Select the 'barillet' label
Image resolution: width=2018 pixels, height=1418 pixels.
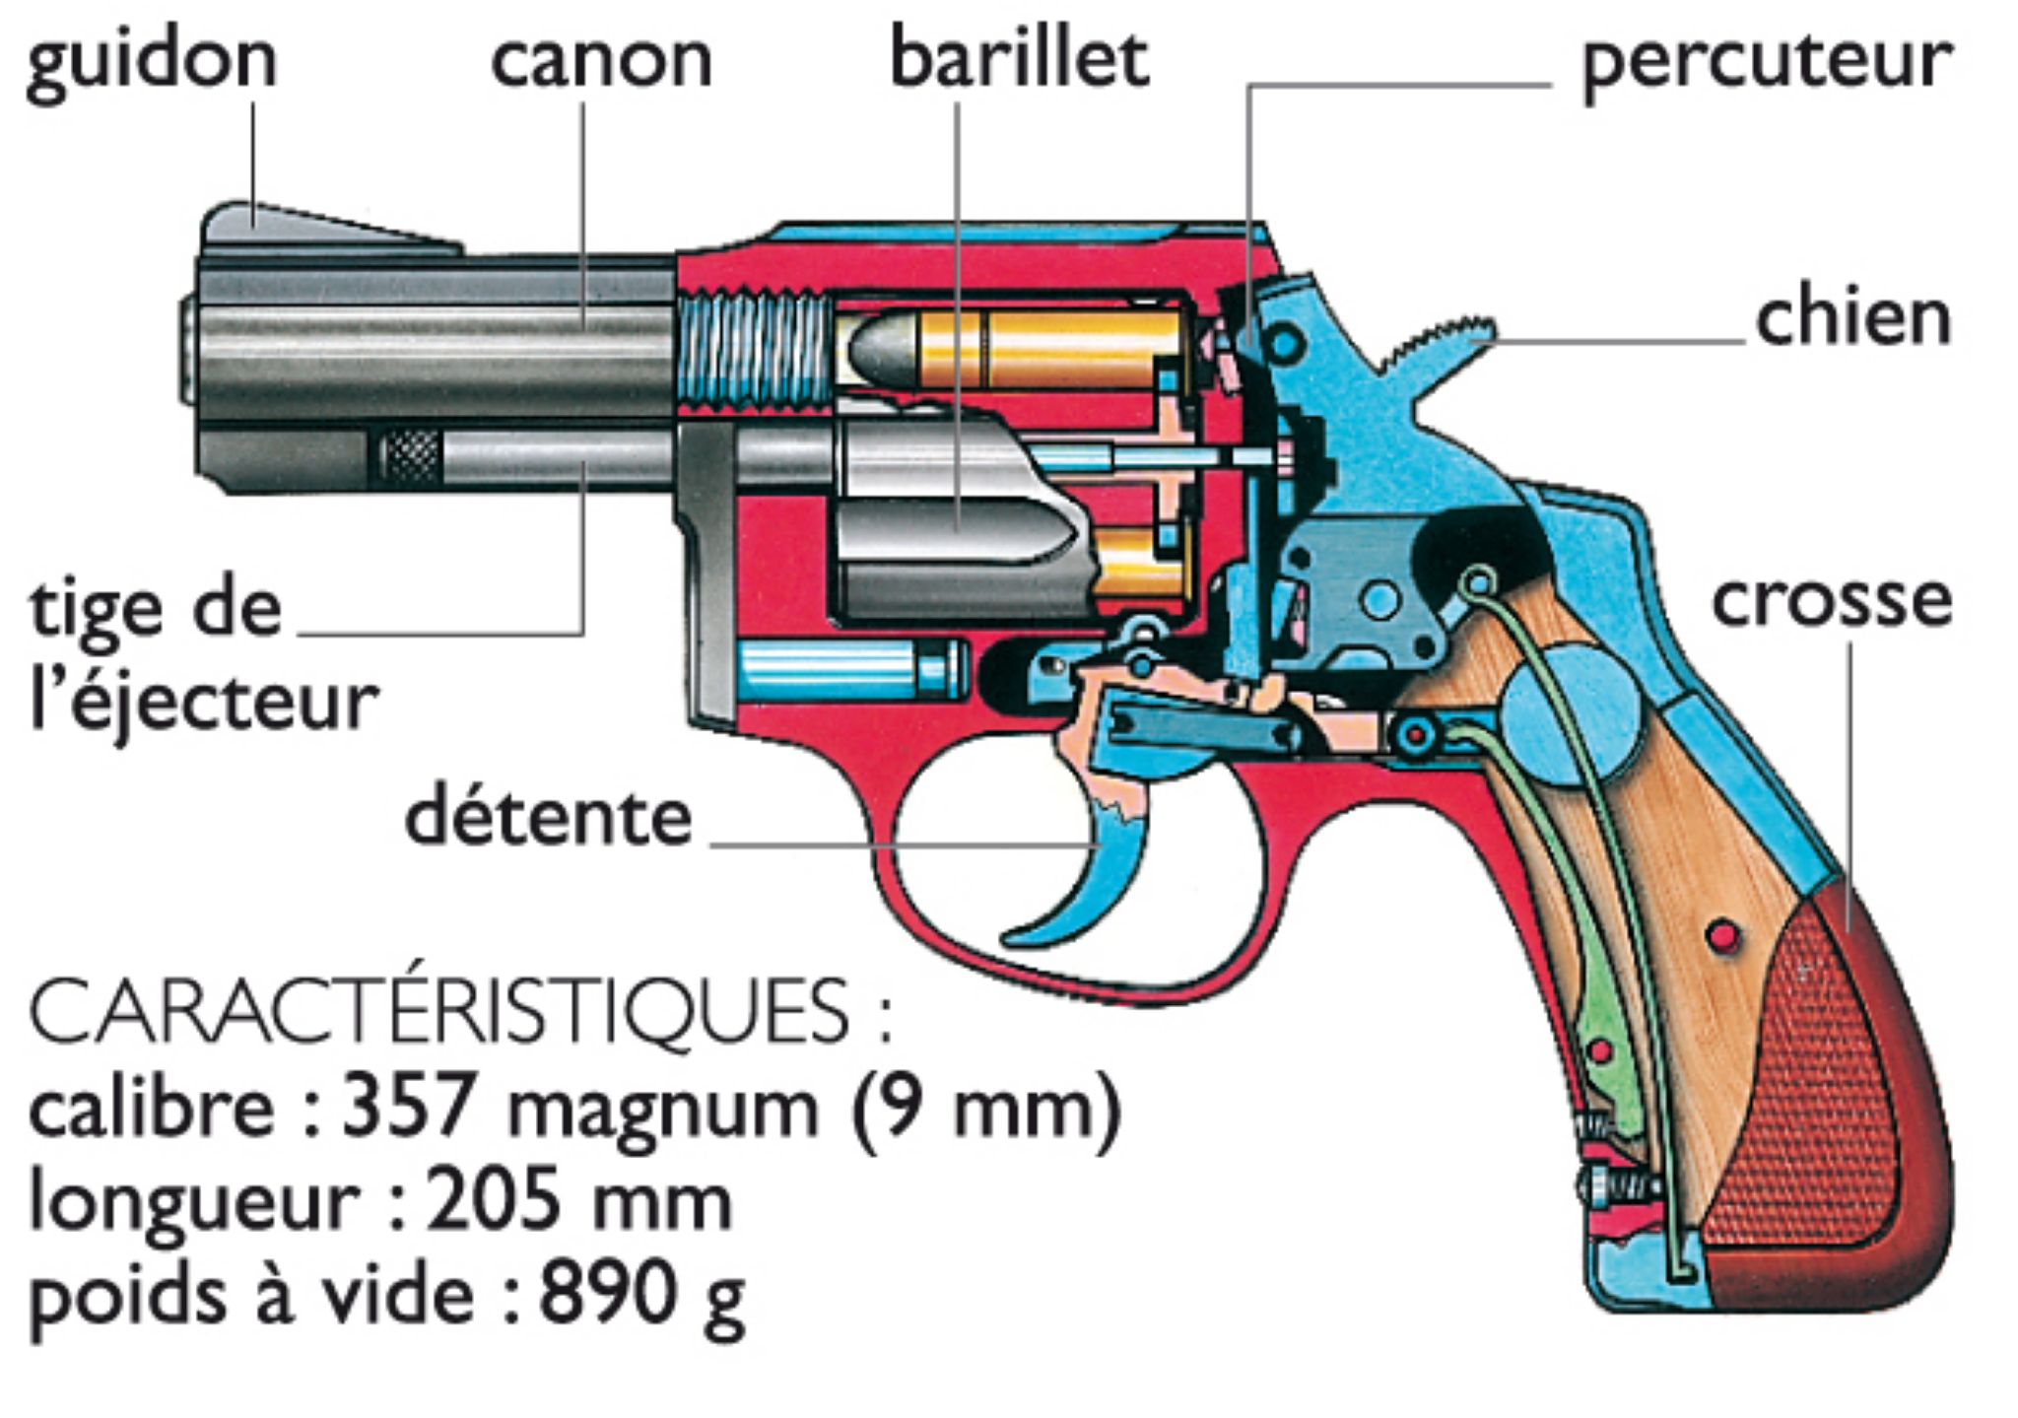(1019, 59)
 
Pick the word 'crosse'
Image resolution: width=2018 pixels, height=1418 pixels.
(1832, 601)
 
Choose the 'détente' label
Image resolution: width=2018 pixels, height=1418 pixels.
(549, 818)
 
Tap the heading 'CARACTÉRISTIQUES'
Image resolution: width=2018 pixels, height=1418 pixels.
(439, 1012)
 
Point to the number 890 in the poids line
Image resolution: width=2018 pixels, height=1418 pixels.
(601, 1293)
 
